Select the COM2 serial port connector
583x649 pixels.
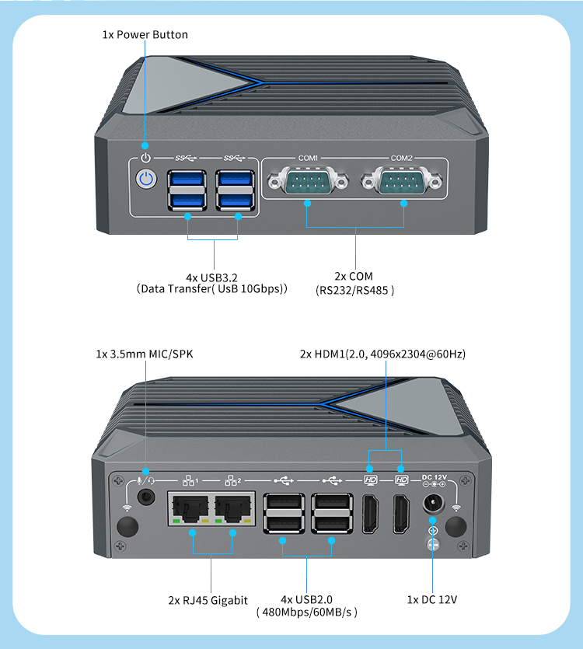click(402, 184)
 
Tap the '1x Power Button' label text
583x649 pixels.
click(145, 35)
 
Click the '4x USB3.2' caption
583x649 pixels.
click(213, 277)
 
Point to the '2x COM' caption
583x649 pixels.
click(354, 276)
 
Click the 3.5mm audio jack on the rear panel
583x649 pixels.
click(145, 497)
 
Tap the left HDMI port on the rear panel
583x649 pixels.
click(370, 514)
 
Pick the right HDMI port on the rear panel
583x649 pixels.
click(402, 514)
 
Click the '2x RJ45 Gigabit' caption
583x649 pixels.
click(208, 600)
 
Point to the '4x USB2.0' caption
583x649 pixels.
click(306, 599)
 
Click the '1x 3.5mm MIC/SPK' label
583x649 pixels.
click(145, 354)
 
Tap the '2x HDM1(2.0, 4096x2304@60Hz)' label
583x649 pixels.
click(383, 354)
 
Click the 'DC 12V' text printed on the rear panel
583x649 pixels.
click(434, 476)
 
